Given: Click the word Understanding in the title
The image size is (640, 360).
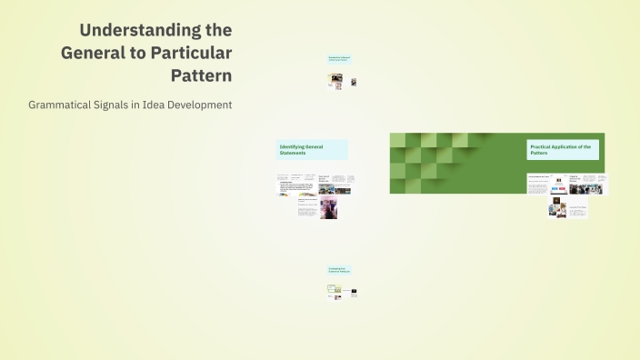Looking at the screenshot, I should pyautogui.click(x=155, y=30).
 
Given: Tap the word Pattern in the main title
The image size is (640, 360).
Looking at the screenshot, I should pyautogui.click(x=201, y=75).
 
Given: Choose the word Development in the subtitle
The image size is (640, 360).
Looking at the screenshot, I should pyautogui.click(x=199, y=105).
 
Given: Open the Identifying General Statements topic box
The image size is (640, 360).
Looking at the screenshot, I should pyautogui.click(x=312, y=149).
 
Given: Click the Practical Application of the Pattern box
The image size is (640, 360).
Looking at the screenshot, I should pyautogui.click(x=563, y=149).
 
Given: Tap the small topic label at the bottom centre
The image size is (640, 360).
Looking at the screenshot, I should pyautogui.click(x=339, y=270).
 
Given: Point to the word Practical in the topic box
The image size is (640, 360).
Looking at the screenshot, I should pyautogui.click(x=543, y=146).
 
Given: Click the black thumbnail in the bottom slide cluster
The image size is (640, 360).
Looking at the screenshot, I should pyautogui.click(x=354, y=292).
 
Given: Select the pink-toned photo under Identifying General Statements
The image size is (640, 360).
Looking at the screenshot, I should pyautogui.click(x=328, y=209).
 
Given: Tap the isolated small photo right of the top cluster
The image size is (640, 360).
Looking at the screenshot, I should pyautogui.click(x=354, y=82).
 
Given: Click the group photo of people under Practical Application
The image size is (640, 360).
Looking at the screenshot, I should pyautogui.click(x=579, y=188).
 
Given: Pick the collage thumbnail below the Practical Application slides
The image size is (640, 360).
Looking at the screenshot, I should pyautogui.click(x=557, y=209).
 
